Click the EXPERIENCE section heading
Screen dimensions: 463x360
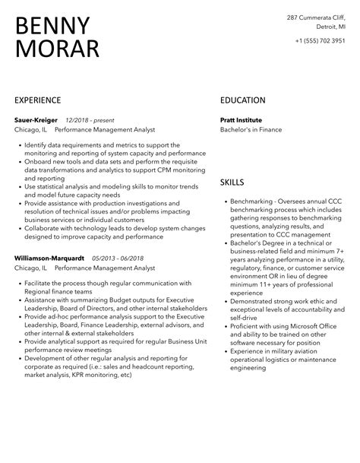pos(38,100)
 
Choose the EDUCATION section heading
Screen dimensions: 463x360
pos(242,100)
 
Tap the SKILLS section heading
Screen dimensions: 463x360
pos(232,182)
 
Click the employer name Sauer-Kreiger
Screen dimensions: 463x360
pos(36,120)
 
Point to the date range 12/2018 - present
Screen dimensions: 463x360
pos(89,120)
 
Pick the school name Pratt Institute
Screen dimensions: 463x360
pos(241,120)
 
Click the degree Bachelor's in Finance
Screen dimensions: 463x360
pos(251,130)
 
